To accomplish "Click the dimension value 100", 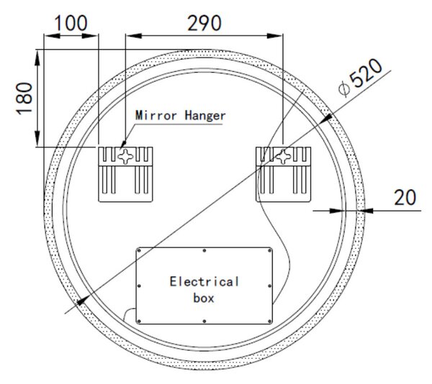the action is point(71,24).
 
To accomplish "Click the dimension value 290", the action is point(204,24).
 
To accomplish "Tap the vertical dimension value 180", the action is point(24,99).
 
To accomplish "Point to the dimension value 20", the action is point(405,198).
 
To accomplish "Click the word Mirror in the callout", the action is point(156,115).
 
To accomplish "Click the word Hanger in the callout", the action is point(205,116).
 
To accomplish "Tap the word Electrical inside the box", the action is point(204,282).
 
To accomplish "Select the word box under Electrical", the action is point(204,298).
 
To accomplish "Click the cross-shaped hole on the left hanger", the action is point(125,157).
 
